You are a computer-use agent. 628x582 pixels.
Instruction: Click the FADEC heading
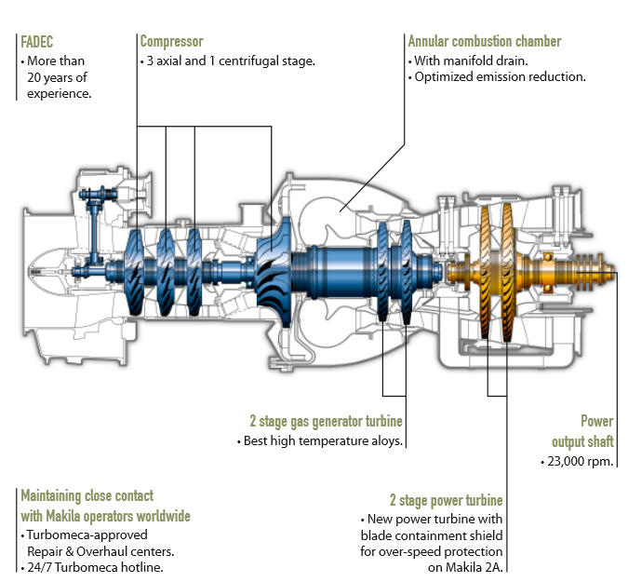(37, 42)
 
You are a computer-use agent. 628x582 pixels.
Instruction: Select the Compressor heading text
(172, 41)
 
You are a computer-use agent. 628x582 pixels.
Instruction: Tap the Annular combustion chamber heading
(485, 41)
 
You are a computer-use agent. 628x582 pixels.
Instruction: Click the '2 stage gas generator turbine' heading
(326, 421)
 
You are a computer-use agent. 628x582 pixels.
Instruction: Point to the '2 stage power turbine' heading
(447, 500)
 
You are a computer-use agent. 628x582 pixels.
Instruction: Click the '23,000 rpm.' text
(581, 461)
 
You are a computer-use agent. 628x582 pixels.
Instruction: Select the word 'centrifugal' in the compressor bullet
(248, 61)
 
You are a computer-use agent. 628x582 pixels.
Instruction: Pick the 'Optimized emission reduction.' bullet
(500, 76)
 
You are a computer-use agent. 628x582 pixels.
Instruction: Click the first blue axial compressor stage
(135, 272)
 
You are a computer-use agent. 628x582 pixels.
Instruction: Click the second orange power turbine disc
(507, 273)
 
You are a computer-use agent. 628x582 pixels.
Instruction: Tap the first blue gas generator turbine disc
(382, 272)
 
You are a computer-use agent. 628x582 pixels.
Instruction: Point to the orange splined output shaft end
(595, 272)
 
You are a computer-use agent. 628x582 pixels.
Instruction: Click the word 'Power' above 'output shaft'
(597, 421)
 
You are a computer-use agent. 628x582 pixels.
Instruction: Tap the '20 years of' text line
(57, 77)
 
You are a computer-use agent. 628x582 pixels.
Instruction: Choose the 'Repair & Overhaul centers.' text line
(100, 551)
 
